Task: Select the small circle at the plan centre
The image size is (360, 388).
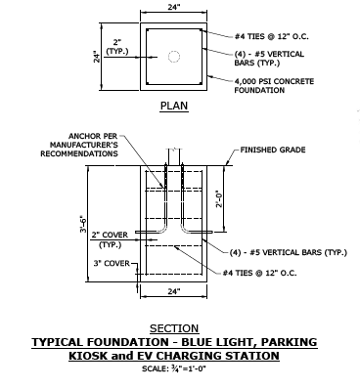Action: [x=173, y=57]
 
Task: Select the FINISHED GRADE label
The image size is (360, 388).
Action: [x=277, y=151]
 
